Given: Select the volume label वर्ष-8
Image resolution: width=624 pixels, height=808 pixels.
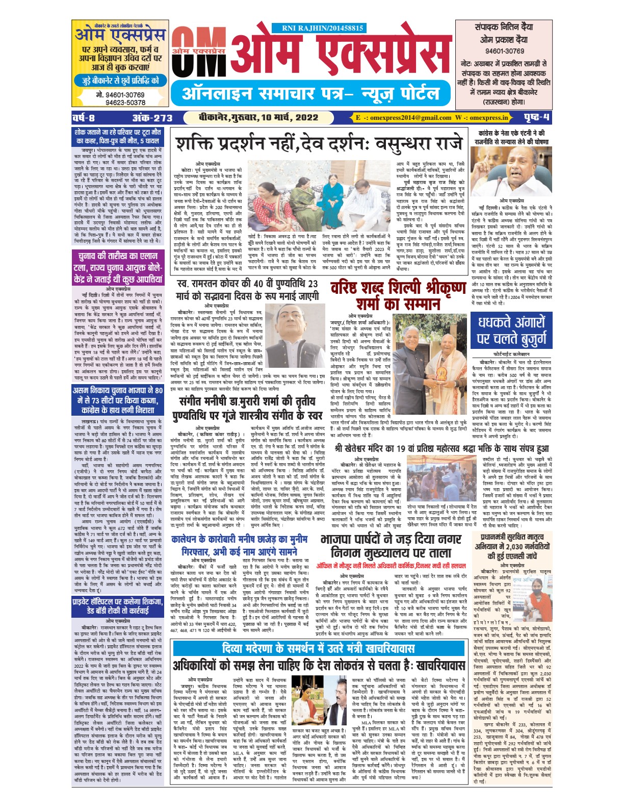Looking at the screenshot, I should pos(84,118).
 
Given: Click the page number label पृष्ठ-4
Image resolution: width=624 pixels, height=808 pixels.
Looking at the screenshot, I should pos(537,118).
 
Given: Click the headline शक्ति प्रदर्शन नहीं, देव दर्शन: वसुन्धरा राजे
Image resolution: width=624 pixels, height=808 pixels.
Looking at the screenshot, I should pos(320,143).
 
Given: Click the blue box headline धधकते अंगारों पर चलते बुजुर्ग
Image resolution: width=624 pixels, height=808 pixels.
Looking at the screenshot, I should pos(511,331).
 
